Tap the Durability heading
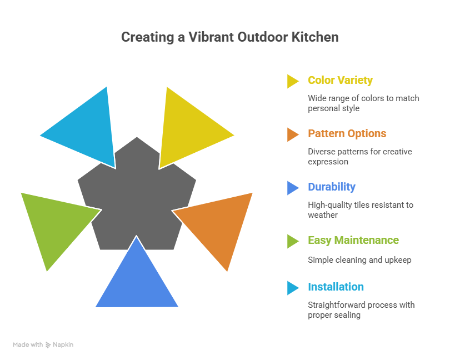332,187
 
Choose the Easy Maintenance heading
353,240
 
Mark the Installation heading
336,287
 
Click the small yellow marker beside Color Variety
292,81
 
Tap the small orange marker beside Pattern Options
292,134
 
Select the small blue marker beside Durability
292,188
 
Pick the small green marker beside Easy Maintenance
292,241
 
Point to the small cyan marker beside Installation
292,288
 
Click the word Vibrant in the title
214,38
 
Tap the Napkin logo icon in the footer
48,345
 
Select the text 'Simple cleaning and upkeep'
359,259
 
